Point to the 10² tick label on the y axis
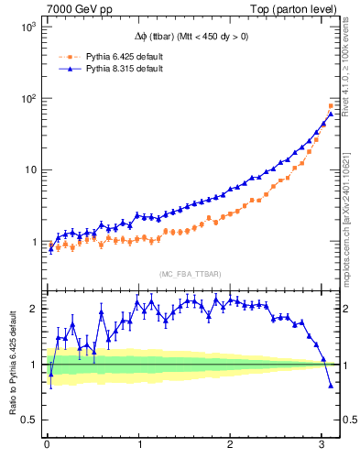click(25, 99)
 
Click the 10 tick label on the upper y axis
click(27, 170)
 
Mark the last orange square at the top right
click(331, 106)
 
